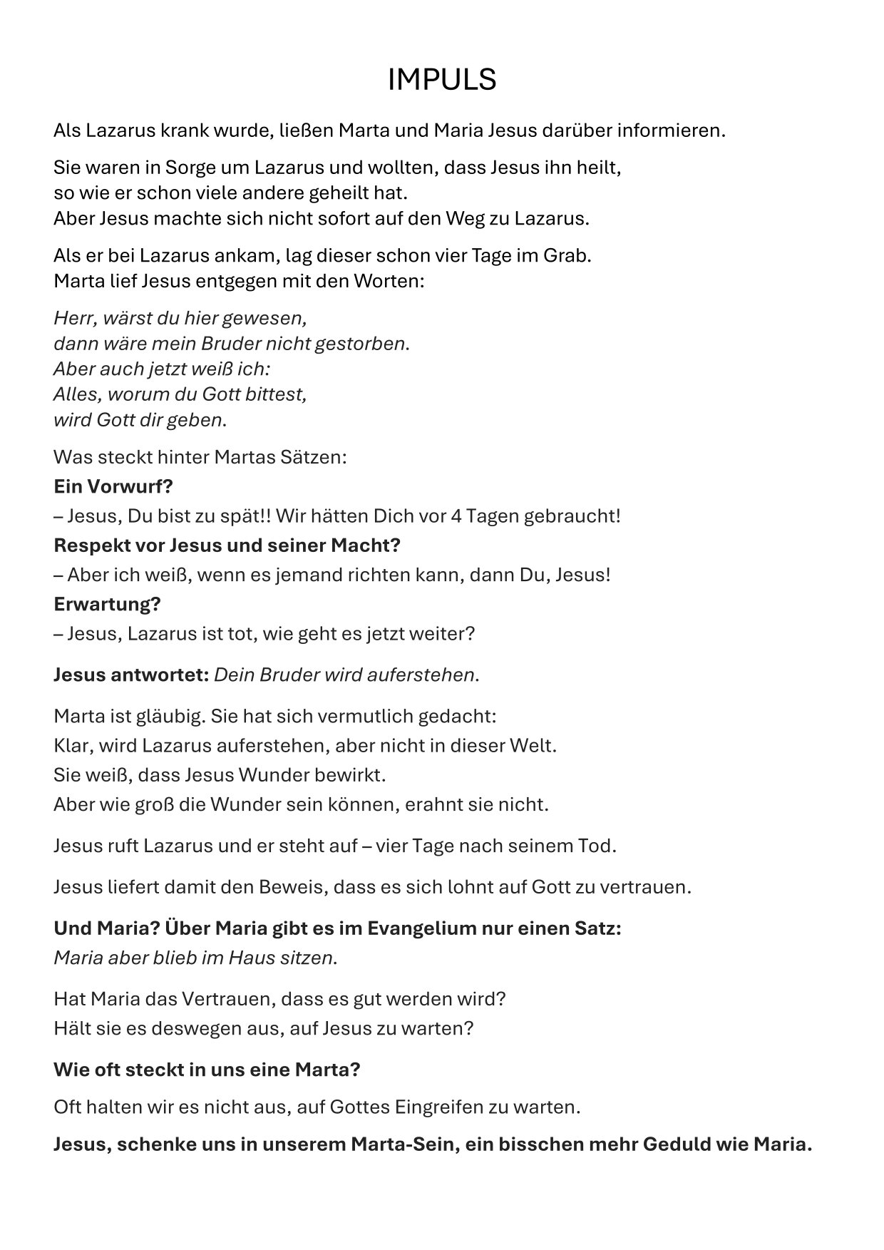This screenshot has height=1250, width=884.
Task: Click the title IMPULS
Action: click(x=441, y=80)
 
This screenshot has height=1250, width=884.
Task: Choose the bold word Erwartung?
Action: click(x=107, y=604)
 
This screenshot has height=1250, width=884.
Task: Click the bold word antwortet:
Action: click(x=159, y=675)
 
